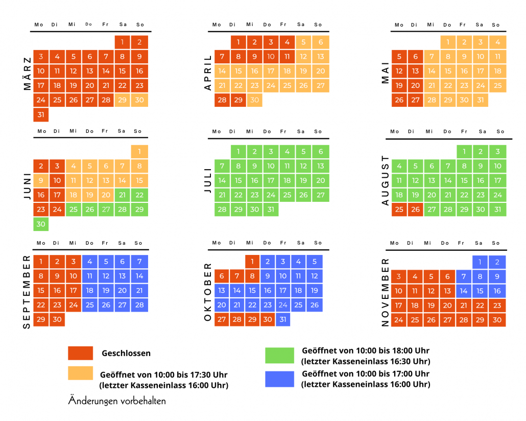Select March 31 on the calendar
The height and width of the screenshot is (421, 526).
point(41,114)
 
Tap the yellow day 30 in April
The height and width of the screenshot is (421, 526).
point(254,100)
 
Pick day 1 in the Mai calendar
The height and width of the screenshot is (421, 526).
point(447,42)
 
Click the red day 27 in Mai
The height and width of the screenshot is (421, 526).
point(415,100)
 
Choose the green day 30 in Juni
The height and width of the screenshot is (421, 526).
point(41,224)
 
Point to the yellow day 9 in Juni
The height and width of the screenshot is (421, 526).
point(41,180)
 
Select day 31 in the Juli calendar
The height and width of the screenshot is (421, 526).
point(271,209)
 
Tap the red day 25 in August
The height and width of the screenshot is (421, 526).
point(399,209)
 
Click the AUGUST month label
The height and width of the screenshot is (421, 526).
point(386,181)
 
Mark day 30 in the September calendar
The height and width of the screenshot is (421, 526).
point(57,319)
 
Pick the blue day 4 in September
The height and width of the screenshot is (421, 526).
point(90,262)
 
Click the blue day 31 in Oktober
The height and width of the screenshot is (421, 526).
point(283,319)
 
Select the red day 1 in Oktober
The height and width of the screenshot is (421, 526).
point(252,262)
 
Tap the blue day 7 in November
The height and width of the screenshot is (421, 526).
point(463,276)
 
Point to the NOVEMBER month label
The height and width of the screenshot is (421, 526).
point(386,292)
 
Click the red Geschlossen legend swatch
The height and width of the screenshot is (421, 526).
point(80,353)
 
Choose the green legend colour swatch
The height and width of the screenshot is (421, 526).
point(279,355)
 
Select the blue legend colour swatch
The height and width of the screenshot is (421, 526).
point(279,379)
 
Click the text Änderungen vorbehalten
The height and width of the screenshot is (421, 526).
point(117,401)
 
